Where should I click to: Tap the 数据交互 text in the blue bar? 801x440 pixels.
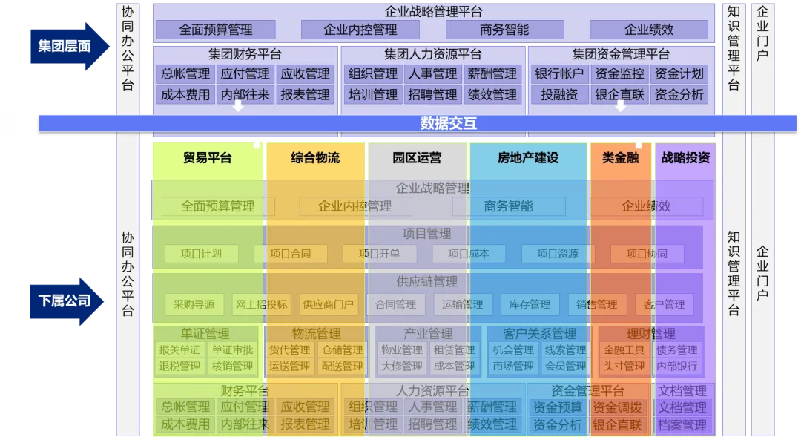[x=448, y=123]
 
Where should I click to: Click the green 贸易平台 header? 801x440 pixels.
[x=208, y=158]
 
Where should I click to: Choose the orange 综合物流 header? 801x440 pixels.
[x=315, y=158]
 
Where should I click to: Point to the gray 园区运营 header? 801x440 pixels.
[x=417, y=158]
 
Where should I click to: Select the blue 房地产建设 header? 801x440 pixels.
[x=528, y=158]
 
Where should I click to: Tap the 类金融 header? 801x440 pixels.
[x=621, y=158]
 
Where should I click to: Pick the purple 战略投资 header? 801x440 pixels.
[x=685, y=158]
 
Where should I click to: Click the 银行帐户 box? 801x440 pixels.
[x=559, y=74]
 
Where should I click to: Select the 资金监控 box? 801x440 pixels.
[x=619, y=74]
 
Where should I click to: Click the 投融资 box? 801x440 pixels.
[x=559, y=95]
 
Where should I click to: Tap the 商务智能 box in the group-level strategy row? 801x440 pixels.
[x=504, y=30]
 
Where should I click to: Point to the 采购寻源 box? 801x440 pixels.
[x=194, y=304]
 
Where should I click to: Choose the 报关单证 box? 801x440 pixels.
[x=179, y=350]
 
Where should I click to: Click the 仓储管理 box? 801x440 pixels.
[x=342, y=350]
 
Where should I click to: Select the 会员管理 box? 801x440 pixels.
[x=565, y=366]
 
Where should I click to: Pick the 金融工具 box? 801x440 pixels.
[x=624, y=350]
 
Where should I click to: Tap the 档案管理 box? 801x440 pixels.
[x=682, y=425]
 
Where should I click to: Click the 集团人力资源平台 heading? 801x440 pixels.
[x=433, y=54]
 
